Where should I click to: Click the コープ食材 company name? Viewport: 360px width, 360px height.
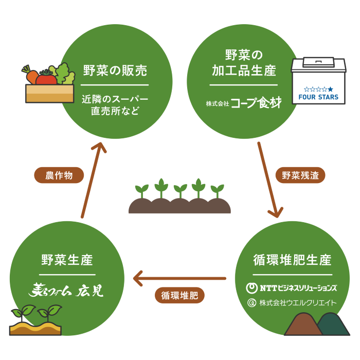[256, 103]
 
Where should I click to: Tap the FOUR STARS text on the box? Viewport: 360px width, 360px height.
[318, 97]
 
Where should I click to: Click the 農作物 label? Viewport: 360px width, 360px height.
[59, 175]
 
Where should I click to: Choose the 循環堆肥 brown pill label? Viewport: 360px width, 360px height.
[179, 295]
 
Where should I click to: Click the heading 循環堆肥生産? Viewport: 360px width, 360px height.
[292, 260]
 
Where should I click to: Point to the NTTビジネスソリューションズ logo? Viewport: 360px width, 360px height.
[292, 287]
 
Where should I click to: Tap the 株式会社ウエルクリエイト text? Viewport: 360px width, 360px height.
[292, 302]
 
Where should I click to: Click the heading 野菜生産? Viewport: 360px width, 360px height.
[67, 260]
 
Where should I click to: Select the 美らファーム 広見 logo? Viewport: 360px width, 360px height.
[66, 291]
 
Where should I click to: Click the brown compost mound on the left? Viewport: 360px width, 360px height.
[303, 325]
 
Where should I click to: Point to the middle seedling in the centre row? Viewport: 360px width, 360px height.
[180, 190]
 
